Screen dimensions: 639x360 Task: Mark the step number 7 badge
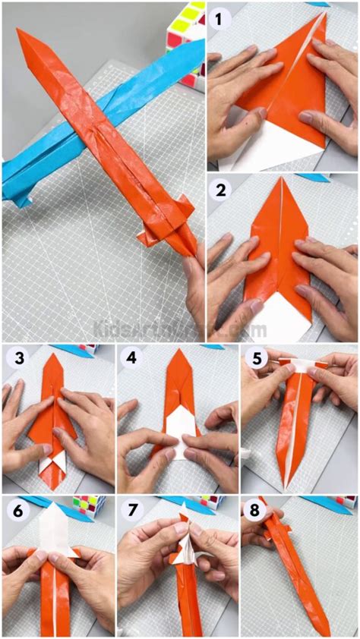point(133,511)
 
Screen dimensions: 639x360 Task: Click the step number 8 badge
point(256,511)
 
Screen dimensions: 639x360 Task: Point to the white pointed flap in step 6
point(56,532)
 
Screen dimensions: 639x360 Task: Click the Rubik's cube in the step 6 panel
point(81,506)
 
